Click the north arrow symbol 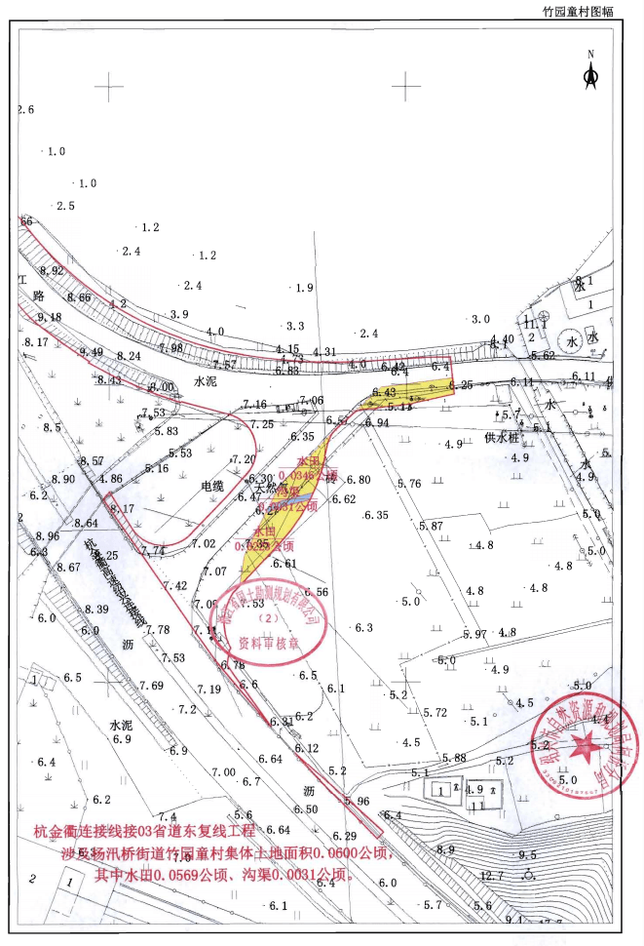point(589,73)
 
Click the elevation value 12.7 point(492,875)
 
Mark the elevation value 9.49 point(92,352)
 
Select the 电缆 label point(211,485)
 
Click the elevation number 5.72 point(435,713)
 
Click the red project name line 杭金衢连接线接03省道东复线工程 point(143,832)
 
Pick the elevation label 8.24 point(129,356)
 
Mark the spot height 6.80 point(358,480)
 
